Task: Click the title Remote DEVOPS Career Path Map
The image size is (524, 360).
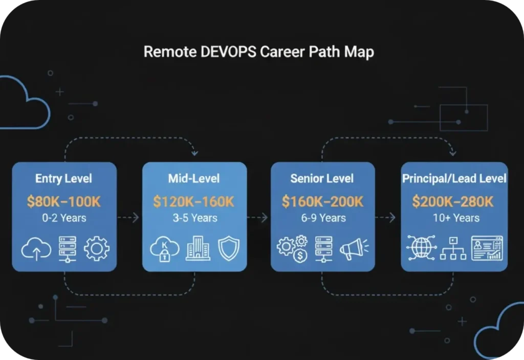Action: point(258,52)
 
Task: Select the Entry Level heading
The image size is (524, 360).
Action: point(63,179)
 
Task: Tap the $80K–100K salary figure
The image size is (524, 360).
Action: point(63,201)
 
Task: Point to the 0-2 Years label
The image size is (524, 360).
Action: point(64,218)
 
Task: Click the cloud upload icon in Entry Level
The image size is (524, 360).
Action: point(36,249)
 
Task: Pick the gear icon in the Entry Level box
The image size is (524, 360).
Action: point(96,248)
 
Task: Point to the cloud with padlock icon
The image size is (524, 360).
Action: point(165,249)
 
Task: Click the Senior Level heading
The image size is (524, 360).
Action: point(322,179)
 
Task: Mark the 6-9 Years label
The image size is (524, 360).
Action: point(322,218)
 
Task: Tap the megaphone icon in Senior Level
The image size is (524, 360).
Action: point(354,249)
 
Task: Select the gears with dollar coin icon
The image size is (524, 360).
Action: point(292,249)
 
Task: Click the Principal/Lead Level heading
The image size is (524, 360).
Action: point(454,179)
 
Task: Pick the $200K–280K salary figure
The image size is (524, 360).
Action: point(453,201)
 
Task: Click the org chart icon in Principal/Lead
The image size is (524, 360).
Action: point(453,249)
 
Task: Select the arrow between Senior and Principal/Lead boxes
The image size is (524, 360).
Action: point(386,218)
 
